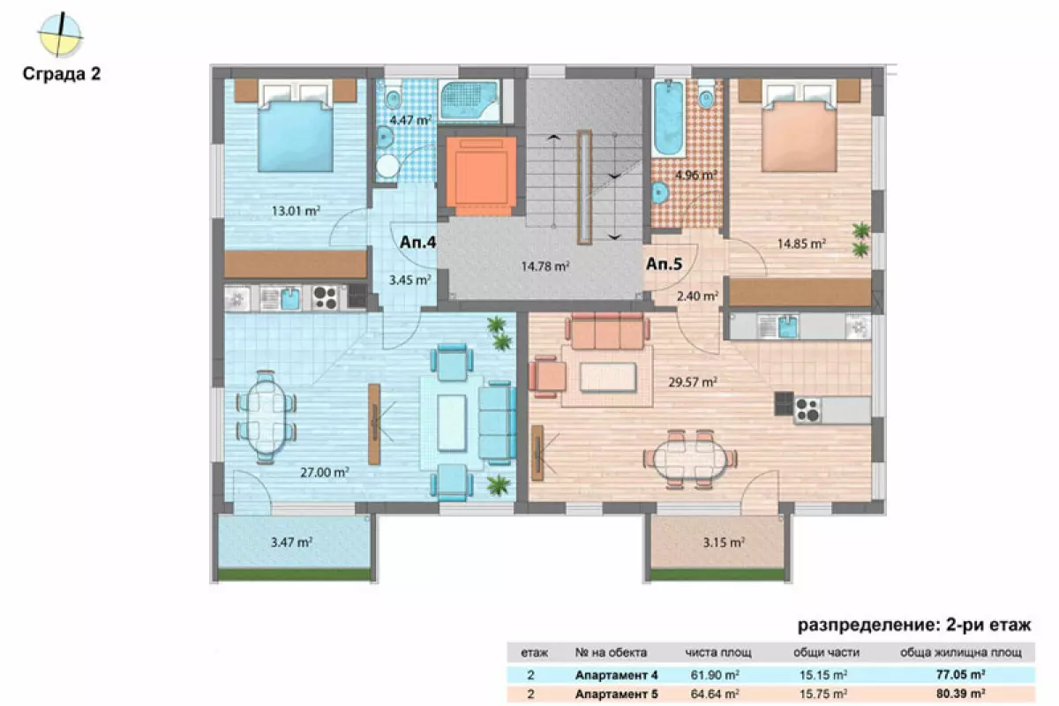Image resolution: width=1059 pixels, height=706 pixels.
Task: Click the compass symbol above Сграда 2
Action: pyautogui.click(x=60, y=34)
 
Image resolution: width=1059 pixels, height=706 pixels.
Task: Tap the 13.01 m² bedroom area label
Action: pyautogui.click(x=296, y=210)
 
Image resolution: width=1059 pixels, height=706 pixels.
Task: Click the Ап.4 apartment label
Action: pyautogui.click(x=418, y=242)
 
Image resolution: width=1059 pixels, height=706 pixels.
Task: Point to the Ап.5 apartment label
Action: pyautogui.click(x=665, y=264)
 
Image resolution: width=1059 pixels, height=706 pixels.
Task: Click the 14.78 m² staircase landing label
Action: pyautogui.click(x=545, y=267)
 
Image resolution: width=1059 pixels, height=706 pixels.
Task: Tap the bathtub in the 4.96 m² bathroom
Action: pyautogui.click(x=668, y=117)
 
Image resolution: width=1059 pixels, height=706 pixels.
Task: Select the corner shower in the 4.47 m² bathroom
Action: pyautogui.click(x=469, y=101)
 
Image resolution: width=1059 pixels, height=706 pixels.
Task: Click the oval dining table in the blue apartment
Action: pyautogui.click(x=267, y=417)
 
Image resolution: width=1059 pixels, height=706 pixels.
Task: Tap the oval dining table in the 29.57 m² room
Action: pyautogui.click(x=690, y=458)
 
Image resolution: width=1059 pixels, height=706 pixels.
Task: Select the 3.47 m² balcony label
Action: pyautogui.click(x=291, y=542)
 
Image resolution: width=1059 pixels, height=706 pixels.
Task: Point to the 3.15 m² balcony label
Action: pyautogui.click(x=724, y=542)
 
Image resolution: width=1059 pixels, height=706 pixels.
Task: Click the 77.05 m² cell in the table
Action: pyautogui.click(x=961, y=674)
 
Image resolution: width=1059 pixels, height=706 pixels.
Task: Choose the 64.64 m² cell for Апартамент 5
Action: pyautogui.click(x=715, y=694)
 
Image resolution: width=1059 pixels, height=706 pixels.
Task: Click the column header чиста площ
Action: pyautogui.click(x=718, y=652)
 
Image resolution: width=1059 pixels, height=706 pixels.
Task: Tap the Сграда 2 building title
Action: pyautogui.click(x=62, y=74)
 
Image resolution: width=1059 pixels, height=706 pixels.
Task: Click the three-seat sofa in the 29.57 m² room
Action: pyautogui.click(x=607, y=331)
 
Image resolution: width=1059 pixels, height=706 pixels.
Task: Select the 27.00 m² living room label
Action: pyautogui.click(x=325, y=472)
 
